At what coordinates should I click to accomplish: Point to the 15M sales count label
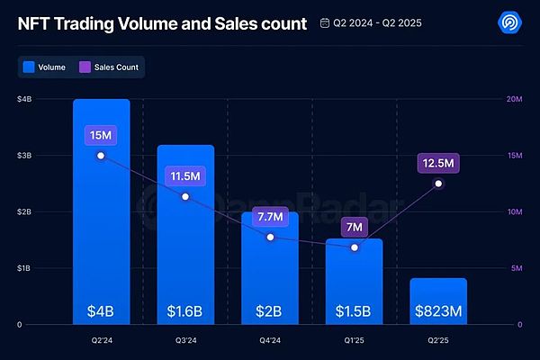(101, 136)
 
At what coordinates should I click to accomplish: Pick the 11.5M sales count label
(185, 176)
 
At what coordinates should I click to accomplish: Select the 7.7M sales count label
(270, 217)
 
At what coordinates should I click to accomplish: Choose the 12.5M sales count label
(439, 163)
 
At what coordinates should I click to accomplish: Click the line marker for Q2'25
(439, 184)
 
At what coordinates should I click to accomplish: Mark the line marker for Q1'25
(355, 247)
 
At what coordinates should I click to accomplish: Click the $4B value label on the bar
(101, 311)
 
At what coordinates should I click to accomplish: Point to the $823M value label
(439, 311)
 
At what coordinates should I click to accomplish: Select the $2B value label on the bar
(270, 311)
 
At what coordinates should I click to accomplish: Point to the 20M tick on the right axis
(514, 99)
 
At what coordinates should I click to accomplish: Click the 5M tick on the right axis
(514, 268)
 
